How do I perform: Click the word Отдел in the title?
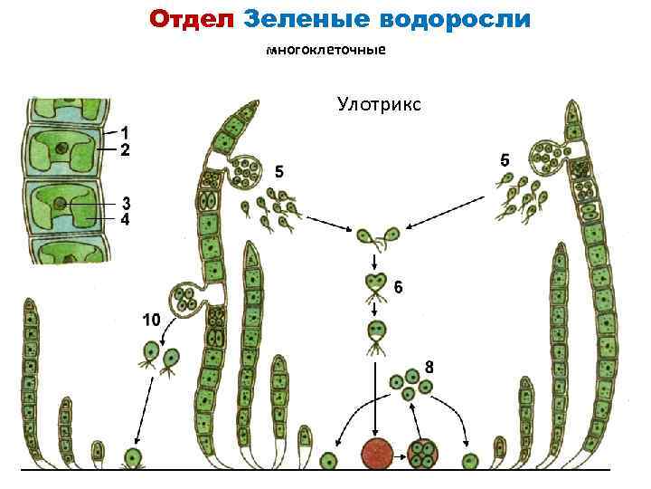point(192,18)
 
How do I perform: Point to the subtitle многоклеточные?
point(325,51)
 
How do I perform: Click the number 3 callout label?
point(127,202)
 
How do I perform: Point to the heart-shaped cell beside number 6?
point(374,285)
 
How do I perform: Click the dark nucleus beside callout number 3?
point(61,204)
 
